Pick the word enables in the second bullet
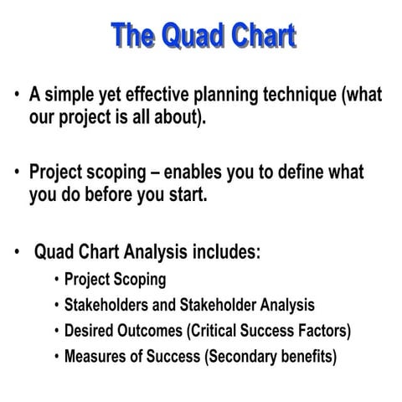point(195,173)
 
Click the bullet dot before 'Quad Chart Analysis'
point(16,252)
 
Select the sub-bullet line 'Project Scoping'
point(116,279)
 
